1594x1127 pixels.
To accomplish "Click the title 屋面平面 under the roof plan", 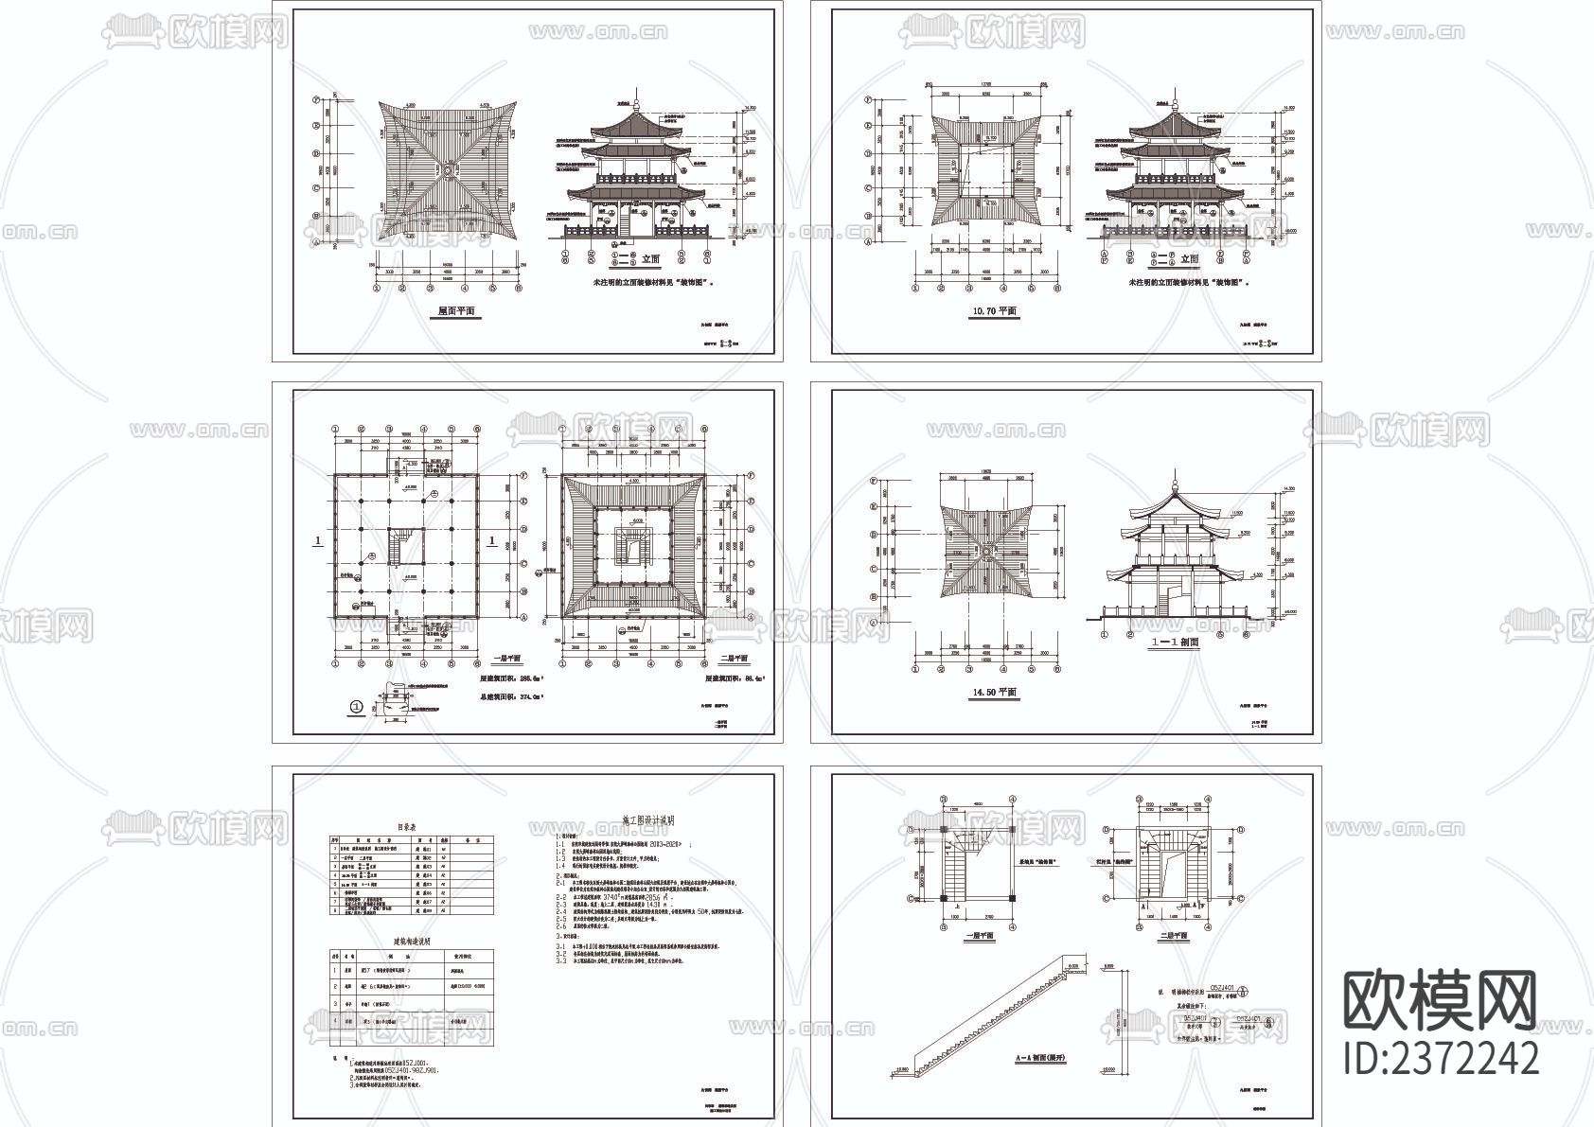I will (457, 311).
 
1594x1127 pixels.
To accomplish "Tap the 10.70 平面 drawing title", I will (994, 311).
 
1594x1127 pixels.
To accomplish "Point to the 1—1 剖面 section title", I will (1175, 642).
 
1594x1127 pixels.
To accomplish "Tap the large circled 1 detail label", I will (357, 705).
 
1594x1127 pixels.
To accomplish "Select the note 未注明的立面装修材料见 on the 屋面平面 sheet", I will (655, 282).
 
